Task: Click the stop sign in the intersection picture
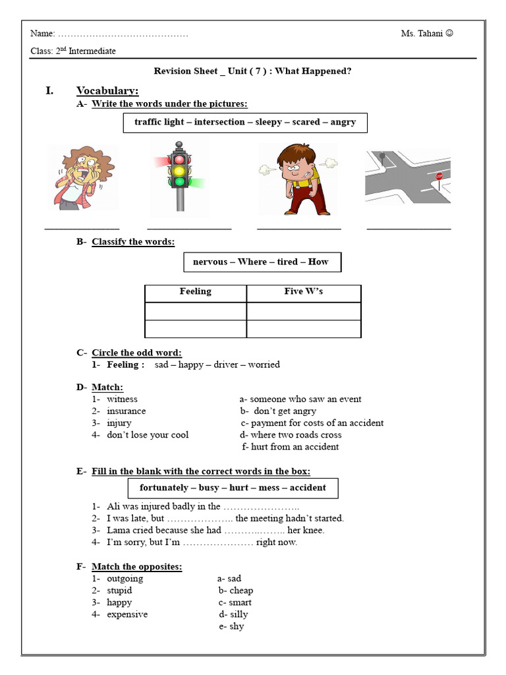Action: (439, 177)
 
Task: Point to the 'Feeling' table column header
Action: (196, 291)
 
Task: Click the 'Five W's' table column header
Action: (304, 291)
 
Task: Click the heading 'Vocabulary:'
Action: (107, 90)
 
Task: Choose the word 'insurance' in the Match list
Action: (126, 411)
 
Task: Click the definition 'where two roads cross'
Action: (291, 435)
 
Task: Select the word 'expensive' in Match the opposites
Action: (127, 614)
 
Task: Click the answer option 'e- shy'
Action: (231, 626)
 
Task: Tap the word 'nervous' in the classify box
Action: (210, 262)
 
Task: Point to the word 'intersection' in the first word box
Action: (220, 122)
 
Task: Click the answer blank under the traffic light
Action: (190, 228)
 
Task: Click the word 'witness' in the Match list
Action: (122, 399)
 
